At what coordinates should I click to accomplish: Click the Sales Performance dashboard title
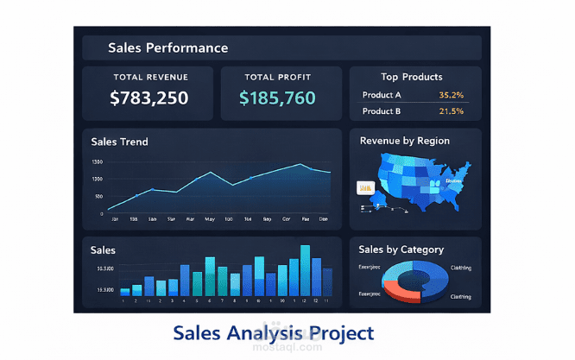[x=168, y=48]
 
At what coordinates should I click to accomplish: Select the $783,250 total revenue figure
[x=148, y=98]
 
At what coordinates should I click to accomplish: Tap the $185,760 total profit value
[x=277, y=98]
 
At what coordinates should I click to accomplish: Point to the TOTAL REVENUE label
[x=150, y=77]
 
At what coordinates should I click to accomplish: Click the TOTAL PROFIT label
[x=277, y=77]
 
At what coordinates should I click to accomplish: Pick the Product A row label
[x=382, y=95]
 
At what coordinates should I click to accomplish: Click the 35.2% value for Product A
[x=451, y=95]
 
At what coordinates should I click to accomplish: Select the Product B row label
[x=382, y=111]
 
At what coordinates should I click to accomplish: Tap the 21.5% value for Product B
[x=451, y=111]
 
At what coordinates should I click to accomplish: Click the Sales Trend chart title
[x=119, y=142]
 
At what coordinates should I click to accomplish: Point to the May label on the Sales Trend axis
[x=210, y=219]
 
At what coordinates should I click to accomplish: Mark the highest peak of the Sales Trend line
[x=300, y=164]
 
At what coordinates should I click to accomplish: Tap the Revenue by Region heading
[x=405, y=141]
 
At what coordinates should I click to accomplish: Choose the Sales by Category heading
[x=401, y=249]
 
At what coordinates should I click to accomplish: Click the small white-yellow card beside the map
[x=363, y=187]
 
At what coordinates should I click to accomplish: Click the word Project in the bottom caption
[x=338, y=332]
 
